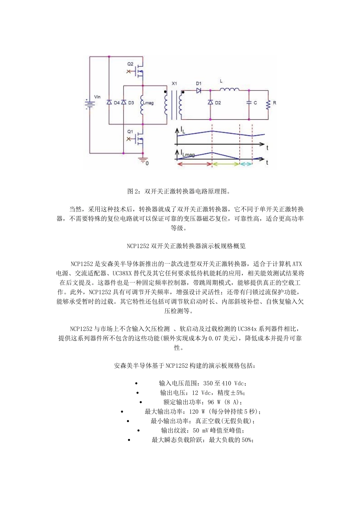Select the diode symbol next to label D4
click(x=109, y=103)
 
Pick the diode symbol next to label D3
click(x=123, y=103)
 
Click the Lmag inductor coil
click(x=142, y=103)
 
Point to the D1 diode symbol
click(x=199, y=90)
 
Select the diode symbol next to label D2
click(x=211, y=103)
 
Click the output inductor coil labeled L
click(x=230, y=89)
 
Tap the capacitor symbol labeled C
click(x=249, y=103)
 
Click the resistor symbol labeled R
click(x=268, y=103)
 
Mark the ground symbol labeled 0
click(x=143, y=161)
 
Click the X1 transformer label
click(x=174, y=83)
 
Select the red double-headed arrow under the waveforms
click(x=194, y=164)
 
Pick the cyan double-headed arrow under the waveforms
click(x=246, y=164)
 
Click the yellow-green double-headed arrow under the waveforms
click(x=225, y=164)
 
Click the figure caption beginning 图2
click(x=178, y=191)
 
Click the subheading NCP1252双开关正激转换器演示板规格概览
click(x=186, y=246)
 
